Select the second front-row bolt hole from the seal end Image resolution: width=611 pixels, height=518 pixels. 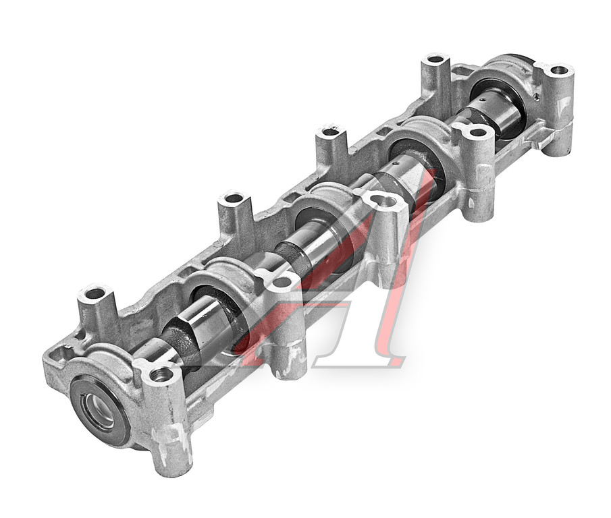pyautogui.click(x=282, y=282)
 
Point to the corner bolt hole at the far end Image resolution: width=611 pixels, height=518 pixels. pyautogui.click(x=558, y=71)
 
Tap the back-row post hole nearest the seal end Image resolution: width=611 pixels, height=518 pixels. pyautogui.click(x=94, y=293)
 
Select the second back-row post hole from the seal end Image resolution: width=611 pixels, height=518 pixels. pyautogui.click(x=233, y=198)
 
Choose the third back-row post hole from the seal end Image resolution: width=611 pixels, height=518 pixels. pyautogui.click(x=330, y=132)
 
